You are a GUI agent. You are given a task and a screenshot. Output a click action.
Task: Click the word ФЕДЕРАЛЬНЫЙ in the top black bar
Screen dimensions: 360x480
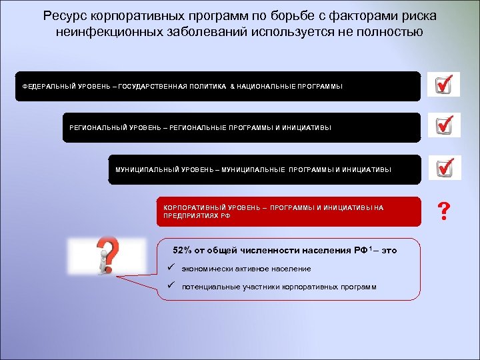pos(47,87)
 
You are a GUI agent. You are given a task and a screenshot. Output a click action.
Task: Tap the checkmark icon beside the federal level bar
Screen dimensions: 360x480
pos(443,85)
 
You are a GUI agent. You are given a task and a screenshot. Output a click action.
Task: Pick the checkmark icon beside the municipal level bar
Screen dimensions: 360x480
pos(443,167)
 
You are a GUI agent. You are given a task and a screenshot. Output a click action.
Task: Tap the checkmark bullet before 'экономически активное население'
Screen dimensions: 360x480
pos(171,268)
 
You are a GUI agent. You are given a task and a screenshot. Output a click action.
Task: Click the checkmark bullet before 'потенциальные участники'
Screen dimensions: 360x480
pos(171,286)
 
